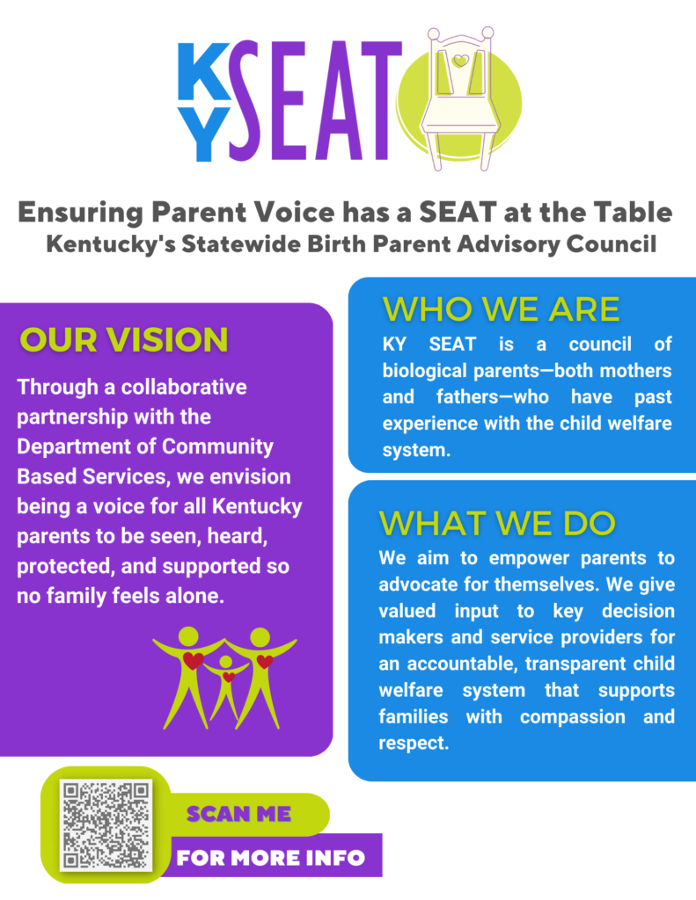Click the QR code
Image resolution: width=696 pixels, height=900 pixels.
106,824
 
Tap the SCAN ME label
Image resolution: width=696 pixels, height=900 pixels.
238,814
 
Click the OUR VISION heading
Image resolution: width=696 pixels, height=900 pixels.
124,339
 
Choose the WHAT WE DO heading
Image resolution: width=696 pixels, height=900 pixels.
497,523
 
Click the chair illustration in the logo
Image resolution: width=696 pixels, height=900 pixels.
459,98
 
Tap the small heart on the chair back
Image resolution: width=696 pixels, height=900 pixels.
460,61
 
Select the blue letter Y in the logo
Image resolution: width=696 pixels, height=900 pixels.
203,134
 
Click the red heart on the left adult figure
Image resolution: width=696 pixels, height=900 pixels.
193,660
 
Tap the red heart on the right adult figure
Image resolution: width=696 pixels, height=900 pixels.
264,661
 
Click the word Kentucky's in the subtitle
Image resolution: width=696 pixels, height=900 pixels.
110,244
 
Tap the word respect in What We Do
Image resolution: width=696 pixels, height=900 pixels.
414,744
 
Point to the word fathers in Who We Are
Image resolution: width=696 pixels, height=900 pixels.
465,396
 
